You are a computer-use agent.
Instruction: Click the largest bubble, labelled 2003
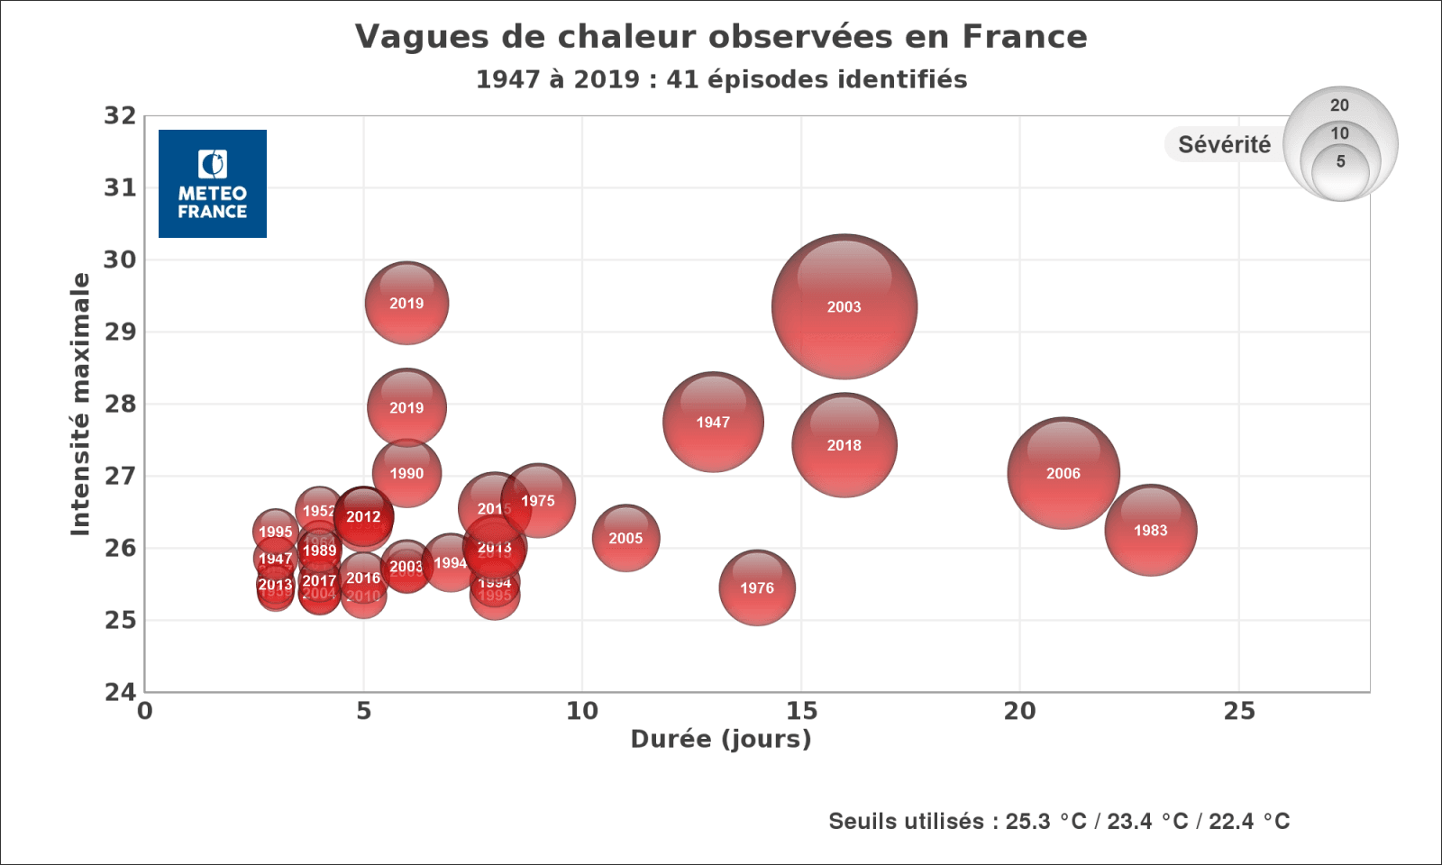pyautogui.click(x=844, y=306)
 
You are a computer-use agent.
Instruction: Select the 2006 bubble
pyautogui.click(x=1063, y=473)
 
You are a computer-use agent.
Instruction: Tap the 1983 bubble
pyautogui.click(x=1151, y=530)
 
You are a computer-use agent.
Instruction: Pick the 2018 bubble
pyautogui.click(x=844, y=445)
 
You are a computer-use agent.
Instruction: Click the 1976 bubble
pyautogui.click(x=757, y=587)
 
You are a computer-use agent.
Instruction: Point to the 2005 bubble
pyautogui.click(x=625, y=538)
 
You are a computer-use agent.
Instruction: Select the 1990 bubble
pyautogui.click(x=406, y=473)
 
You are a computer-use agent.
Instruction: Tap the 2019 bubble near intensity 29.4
pyautogui.click(x=406, y=303)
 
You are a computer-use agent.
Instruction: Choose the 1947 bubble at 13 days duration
pyautogui.click(x=713, y=422)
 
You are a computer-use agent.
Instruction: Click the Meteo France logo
pyautogui.click(x=213, y=184)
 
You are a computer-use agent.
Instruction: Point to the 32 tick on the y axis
pyautogui.click(x=120, y=116)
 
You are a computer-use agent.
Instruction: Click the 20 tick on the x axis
pyautogui.click(x=1020, y=712)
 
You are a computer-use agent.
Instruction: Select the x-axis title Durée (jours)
pyautogui.click(x=721, y=740)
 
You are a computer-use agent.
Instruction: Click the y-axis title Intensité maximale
pyautogui.click(x=81, y=404)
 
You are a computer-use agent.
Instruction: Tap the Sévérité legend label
pyautogui.click(x=1224, y=145)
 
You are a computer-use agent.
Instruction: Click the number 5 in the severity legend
pyautogui.click(x=1341, y=161)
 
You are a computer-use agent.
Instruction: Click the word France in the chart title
pyautogui.click(x=1025, y=37)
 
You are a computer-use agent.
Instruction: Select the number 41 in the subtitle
pyautogui.click(x=680, y=79)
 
